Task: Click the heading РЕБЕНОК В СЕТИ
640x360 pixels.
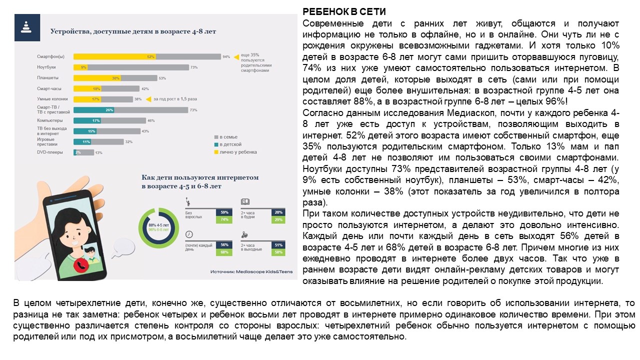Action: click(x=344, y=12)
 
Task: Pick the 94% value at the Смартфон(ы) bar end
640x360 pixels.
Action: click(x=226, y=56)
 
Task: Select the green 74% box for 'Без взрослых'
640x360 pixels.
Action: click(x=224, y=219)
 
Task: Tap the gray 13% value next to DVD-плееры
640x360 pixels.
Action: click(x=99, y=152)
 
